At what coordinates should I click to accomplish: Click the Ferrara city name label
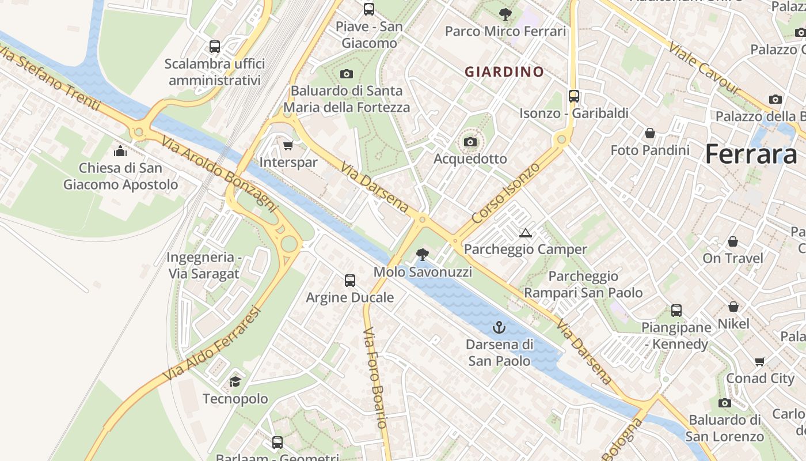(751, 154)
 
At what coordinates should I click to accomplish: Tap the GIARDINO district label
(504, 72)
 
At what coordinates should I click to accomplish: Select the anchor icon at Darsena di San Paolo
(499, 328)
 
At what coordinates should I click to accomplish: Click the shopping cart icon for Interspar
(288, 145)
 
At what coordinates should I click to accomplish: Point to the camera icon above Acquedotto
(470, 142)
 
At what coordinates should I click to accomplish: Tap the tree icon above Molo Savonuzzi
(423, 255)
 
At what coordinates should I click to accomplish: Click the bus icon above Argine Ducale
(350, 281)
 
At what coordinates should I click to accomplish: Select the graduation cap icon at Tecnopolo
(235, 381)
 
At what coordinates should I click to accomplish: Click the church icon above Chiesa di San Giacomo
(120, 151)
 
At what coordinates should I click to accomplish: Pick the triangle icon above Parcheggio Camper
(525, 233)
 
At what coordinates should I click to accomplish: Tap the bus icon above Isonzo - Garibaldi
(574, 96)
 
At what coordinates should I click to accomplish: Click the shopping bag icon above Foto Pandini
(650, 133)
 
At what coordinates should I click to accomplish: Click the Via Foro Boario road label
(375, 377)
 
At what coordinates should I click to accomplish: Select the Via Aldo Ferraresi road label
(212, 343)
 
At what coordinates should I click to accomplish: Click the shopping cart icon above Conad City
(760, 361)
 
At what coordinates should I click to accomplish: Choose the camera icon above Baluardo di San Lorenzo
(725, 403)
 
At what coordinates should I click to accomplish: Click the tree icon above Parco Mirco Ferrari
(505, 14)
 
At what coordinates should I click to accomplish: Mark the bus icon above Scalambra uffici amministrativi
(215, 47)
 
